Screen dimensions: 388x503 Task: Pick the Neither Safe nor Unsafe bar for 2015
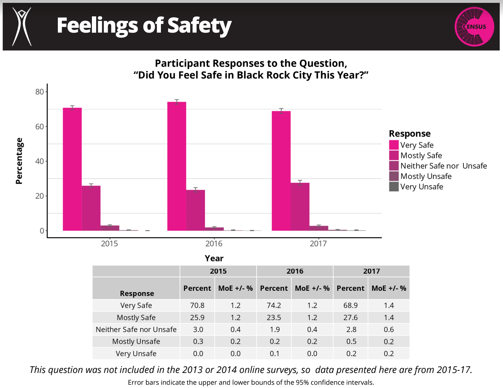point(110,228)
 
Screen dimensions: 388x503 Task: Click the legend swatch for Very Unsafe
point(394,187)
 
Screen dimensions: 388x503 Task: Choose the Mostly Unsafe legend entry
point(426,176)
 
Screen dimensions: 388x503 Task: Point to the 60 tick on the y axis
point(40,127)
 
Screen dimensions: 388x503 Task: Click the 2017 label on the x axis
point(318,244)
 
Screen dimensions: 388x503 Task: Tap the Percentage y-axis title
point(19,161)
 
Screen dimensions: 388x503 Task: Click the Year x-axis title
point(214,258)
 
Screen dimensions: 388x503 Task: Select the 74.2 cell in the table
point(274,305)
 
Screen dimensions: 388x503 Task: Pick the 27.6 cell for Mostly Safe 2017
point(350,317)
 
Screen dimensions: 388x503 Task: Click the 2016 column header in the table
point(295,271)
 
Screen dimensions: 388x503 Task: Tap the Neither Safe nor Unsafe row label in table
point(136,329)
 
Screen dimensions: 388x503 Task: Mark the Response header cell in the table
point(137,293)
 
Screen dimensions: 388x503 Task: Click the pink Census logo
point(474,26)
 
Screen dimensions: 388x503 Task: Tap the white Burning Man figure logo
point(22,26)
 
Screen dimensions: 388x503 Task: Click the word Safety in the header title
point(199,26)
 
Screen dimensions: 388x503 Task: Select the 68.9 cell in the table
point(350,305)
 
